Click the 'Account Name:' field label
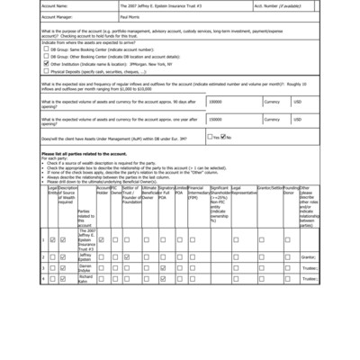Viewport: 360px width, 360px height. pyautogui.click(x=56, y=4)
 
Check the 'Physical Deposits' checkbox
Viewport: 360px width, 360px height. pyautogui.click(x=46, y=72)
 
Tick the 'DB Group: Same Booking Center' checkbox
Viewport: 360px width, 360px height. pyautogui.click(x=46, y=49)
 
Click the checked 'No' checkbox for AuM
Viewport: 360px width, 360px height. pyautogui.click(x=224, y=137)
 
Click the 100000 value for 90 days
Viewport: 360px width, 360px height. pyautogui.click(x=216, y=103)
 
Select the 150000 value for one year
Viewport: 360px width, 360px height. pyautogui.click(x=216, y=119)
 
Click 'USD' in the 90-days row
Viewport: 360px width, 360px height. pyautogui.click(x=298, y=103)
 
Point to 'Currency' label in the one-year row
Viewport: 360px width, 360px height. pyautogui.click(x=272, y=119)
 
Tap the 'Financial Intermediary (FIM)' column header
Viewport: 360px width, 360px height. pyautogui.click(x=198, y=193)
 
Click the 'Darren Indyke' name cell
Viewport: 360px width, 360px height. pyautogui.click(x=85, y=268)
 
